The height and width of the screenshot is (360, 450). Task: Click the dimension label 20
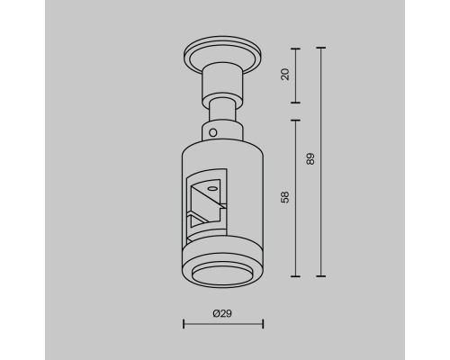click(x=285, y=75)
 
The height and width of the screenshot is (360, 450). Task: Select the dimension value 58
click(x=285, y=197)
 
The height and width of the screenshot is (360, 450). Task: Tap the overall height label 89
click(x=310, y=159)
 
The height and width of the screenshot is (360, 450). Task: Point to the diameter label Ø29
click(x=222, y=313)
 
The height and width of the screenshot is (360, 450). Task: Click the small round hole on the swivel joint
click(x=212, y=132)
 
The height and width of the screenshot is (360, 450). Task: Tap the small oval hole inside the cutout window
click(x=212, y=189)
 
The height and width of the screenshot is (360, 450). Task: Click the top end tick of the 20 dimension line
click(x=295, y=49)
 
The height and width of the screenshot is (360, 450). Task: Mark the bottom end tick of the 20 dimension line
click(x=295, y=103)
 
